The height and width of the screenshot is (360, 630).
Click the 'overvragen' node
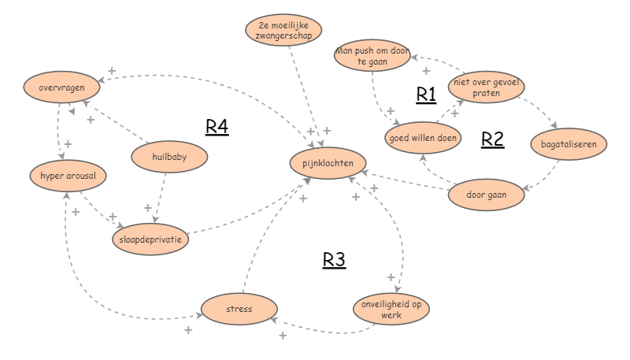61,87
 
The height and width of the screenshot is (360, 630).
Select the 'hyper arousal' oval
68,175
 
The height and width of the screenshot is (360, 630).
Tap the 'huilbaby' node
169,157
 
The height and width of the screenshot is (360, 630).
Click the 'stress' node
239,309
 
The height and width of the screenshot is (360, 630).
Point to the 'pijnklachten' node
328,163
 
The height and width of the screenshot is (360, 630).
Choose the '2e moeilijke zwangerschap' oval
284,31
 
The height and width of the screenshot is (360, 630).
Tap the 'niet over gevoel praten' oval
486,87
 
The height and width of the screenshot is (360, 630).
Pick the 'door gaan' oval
486,194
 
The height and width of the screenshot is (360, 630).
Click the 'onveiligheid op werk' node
391,309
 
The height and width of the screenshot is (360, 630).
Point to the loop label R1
426,95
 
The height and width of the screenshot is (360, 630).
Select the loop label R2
492,139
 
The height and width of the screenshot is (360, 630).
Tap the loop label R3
334,260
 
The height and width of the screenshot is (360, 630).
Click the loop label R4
217,127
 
